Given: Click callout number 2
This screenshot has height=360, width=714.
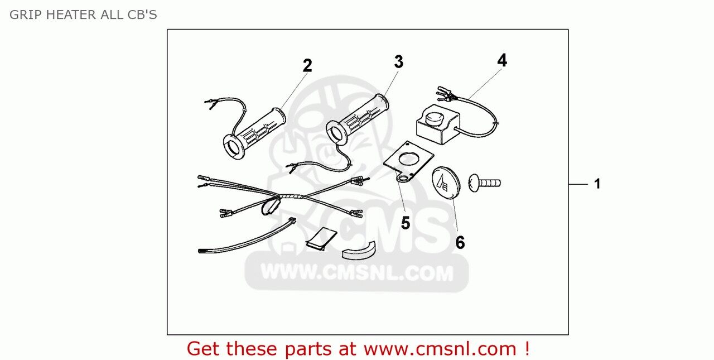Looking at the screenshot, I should pos(307,66).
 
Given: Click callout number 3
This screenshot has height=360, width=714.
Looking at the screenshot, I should pos(398,62).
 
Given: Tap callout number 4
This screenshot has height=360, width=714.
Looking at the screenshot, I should pos(502,60).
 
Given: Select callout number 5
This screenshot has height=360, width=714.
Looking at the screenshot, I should pos(405,223).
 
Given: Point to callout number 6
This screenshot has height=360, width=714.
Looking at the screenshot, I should pos(460,242).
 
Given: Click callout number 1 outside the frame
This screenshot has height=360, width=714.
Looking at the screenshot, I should pos(597,184).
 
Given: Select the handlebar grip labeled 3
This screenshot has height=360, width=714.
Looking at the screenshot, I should pos(357,121).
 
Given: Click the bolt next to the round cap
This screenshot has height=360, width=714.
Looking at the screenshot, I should pos(484,182).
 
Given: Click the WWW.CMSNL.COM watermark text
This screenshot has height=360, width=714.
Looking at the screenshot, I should pos(357,273).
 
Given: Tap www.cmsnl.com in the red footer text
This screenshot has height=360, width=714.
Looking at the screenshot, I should pos(440,349).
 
